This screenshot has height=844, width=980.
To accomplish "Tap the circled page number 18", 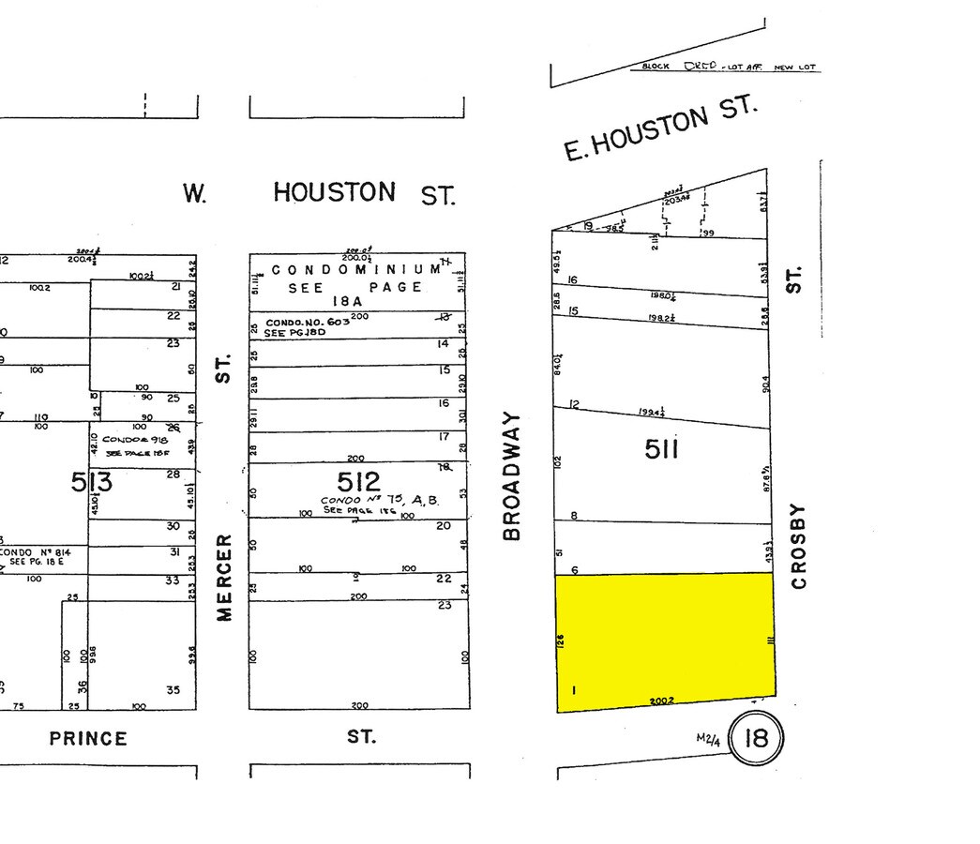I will coord(755,738).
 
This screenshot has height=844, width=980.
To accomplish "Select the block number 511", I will coord(661,450).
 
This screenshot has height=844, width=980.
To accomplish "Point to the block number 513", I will coord(92,482).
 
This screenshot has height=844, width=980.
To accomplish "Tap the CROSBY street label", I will coord(798,546).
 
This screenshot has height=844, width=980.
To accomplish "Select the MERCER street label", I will coord(223,577).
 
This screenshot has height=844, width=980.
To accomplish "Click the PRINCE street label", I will coord(88,738).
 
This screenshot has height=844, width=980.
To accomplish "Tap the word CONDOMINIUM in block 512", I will coord(356,270).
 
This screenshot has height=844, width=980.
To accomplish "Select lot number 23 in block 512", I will coord(445,606).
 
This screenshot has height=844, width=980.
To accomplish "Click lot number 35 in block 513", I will coord(173,689).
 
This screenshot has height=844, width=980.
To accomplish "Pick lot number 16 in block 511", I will coord(572,279).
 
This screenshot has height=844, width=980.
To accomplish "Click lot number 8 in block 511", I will coord(573,515).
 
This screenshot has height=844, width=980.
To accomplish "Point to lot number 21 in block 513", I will coord(173,288).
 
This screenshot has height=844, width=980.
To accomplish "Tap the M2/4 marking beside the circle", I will coord(708,739).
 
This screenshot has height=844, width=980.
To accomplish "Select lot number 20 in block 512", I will coord(445,526).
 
